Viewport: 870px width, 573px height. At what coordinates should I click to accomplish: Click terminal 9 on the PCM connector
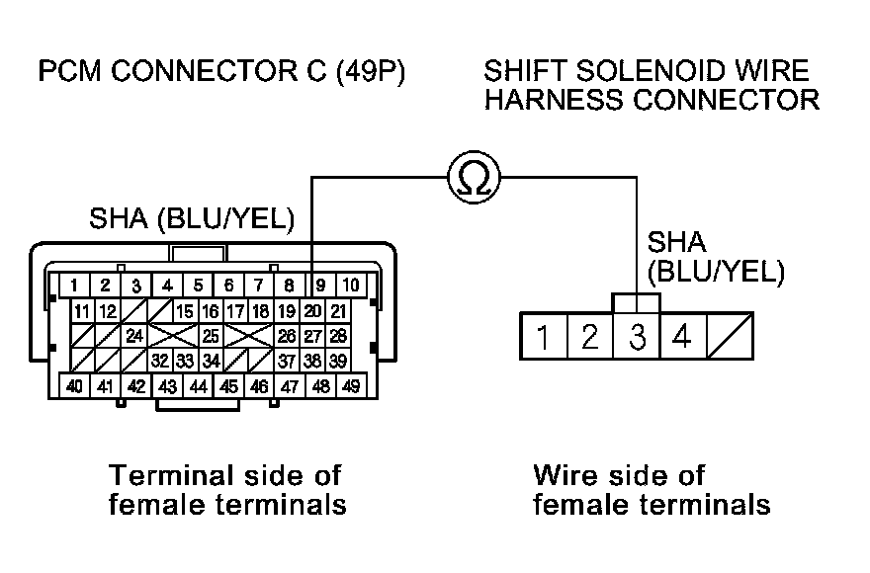319,286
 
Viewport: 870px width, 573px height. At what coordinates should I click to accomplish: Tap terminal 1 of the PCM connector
73,286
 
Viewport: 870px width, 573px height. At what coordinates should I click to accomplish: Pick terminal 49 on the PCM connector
350,386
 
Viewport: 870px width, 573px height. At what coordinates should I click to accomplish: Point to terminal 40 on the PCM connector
73,386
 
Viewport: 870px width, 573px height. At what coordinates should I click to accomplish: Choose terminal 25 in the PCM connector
210,336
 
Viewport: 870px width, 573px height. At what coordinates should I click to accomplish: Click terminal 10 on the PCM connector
350,286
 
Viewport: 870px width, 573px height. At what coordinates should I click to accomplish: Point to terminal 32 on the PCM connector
160,361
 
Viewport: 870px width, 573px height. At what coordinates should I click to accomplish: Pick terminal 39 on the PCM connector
338,361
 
